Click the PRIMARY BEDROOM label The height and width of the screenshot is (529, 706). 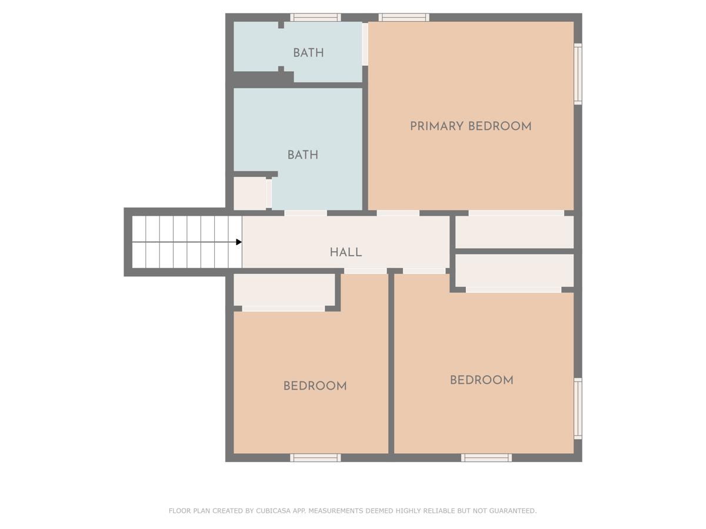[471, 126]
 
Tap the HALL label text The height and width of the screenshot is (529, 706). [346, 252]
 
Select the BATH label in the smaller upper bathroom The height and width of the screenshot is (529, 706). [308, 53]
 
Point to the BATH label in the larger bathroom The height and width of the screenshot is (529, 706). [302, 155]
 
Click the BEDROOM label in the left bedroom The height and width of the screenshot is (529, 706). [315, 386]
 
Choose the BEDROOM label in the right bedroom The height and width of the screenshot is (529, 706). [481, 380]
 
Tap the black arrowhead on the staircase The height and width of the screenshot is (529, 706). [239, 242]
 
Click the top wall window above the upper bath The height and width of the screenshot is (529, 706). [315, 18]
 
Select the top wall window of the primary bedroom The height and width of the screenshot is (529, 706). [404, 18]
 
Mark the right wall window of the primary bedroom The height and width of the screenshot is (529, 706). [578, 74]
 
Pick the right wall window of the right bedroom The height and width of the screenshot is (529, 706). [578, 409]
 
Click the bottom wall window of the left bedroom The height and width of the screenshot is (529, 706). [315, 458]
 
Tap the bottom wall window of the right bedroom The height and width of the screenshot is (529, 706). [487, 458]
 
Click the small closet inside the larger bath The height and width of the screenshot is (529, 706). [250, 193]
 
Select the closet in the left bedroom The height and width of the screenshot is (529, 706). [284, 290]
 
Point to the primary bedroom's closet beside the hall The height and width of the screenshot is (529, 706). [514, 232]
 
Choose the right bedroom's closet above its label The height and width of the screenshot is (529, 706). [514, 270]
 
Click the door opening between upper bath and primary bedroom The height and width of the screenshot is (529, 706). [365, 44]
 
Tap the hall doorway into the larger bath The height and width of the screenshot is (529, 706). [305, 213]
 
